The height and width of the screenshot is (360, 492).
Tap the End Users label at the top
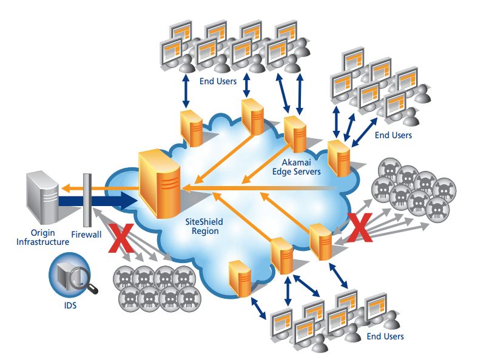coord(214,81)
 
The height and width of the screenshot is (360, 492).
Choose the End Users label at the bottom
coord(385,336)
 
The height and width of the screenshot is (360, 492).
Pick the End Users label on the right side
coord(393,135)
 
